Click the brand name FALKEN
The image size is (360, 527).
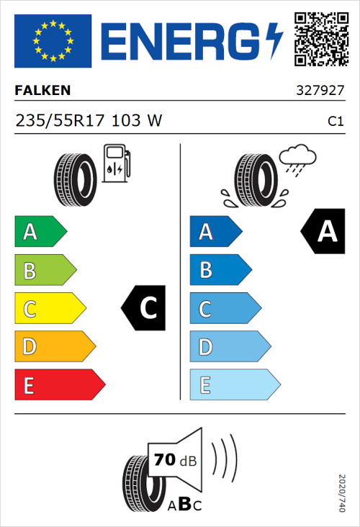point(42,91)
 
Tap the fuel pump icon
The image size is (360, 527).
point(116,163)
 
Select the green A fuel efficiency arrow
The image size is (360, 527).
point(40,232)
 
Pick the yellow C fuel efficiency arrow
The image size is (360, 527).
point(49,309)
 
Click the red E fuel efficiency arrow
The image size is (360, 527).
point(58,385)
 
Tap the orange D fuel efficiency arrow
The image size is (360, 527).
point(54,347)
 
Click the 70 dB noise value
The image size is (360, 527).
point(172,460)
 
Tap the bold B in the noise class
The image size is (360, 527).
point(184,505)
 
